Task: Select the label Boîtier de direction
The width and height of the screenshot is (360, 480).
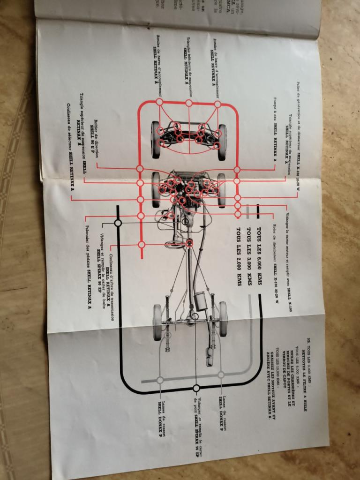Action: (x=96, y=132)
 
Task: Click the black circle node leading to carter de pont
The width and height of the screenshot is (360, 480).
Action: (x=196, y=388)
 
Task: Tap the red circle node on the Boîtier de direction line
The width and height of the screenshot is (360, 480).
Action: (x=140, y=168)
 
